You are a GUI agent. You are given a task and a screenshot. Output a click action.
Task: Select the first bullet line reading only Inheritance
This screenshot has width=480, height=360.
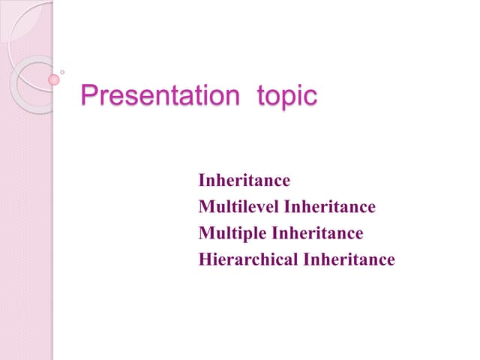point(244,181)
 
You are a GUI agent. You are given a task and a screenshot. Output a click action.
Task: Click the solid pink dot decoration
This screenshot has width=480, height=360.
point(54,79)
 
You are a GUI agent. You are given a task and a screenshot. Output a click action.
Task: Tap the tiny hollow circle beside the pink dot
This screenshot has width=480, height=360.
point(62,73)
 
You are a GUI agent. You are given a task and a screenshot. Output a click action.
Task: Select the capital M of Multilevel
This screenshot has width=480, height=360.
point(205,207)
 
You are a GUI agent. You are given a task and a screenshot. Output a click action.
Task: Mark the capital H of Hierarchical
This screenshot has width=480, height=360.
point(205,260)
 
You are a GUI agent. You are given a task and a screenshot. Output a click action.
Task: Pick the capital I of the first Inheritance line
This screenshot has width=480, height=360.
point(201,181)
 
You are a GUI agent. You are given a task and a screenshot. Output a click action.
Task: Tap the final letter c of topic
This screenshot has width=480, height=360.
point(311,99)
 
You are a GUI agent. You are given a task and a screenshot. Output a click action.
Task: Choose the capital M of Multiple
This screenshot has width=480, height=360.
point(205,234)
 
